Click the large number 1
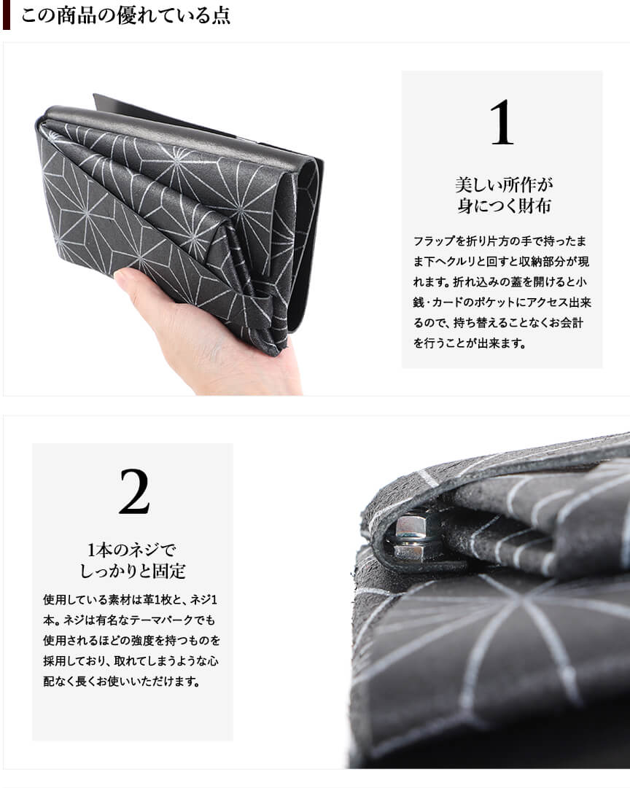point(502,122)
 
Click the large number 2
point(134,491)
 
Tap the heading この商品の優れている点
point(125,15)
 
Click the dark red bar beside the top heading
point(7,15)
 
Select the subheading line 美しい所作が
point(503,184)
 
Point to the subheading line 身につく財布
point(503,206)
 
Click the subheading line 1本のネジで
point(132,550)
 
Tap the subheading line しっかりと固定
point(133,570)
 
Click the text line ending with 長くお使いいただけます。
point(121,682)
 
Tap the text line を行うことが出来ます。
point(470,343)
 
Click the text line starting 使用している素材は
point(131,599)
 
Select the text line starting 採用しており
point(131,661)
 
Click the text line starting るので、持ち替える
point(499,323)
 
